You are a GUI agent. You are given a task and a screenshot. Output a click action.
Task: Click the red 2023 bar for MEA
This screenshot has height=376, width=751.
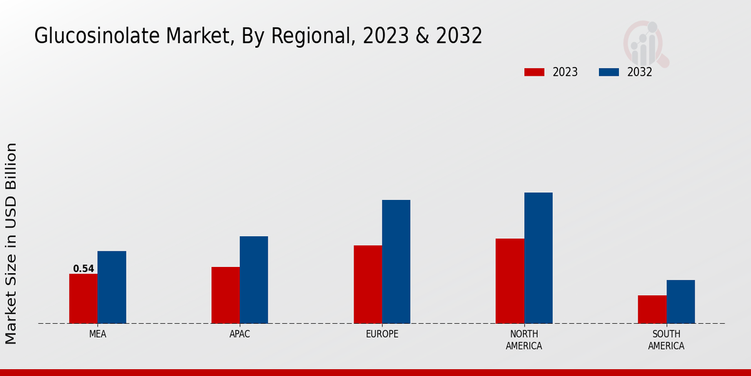click(83, 299)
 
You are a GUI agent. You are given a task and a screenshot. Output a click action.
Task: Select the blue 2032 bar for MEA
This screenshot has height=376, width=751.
click(112, 288)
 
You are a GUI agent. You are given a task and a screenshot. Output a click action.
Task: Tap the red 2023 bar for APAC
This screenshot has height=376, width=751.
click(225, 295)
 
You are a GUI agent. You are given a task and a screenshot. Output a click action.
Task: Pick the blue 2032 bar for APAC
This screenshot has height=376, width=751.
click(254, 280)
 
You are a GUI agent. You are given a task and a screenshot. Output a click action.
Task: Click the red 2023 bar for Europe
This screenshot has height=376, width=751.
click(367, 285)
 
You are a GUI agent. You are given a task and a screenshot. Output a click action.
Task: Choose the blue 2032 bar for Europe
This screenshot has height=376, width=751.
click(396, 262)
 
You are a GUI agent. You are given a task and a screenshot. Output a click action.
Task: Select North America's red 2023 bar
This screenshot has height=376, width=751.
click(509, 281)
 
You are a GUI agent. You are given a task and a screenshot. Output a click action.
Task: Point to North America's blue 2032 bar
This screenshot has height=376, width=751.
click(538, 258)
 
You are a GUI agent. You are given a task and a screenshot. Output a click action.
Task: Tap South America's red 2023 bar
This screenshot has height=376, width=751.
click(652, 310)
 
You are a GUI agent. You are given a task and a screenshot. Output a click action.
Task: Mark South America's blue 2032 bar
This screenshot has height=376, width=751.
click(681, 302)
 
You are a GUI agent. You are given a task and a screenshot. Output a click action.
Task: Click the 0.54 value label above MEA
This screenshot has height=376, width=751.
click(83, 269)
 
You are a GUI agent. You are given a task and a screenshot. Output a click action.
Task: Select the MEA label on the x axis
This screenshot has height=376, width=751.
click(98, 334)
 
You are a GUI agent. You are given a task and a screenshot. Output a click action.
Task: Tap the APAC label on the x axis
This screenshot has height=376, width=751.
click(240, 334)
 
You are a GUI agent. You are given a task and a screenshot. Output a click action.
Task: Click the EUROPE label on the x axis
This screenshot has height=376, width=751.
click(382, 334)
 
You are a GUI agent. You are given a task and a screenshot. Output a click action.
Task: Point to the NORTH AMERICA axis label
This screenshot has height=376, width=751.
click(524, 340)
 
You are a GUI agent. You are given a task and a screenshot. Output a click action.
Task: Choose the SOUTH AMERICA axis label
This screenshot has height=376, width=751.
click(666, 340)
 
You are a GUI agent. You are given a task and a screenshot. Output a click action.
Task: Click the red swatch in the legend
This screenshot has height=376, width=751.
click(534, 72)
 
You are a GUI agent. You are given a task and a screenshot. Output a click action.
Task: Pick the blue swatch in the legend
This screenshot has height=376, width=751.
click(608, 72)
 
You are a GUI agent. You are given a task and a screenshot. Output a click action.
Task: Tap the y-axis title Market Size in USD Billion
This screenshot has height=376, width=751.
click(11, 243)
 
